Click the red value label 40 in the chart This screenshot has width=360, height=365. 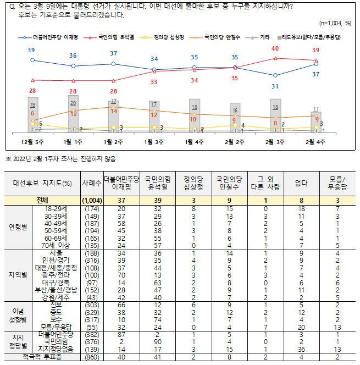(x=276, y=48)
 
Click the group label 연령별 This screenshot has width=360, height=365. (x=17, y=227)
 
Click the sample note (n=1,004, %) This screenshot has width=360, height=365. (x=335, y=24)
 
